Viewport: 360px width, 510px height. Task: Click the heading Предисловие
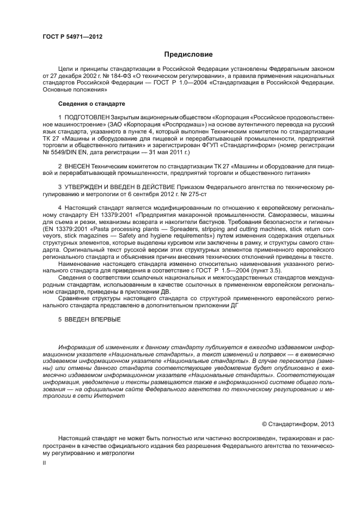(184, 54)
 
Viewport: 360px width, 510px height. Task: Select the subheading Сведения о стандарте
(91, 104)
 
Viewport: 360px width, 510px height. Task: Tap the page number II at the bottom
(44, 462)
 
